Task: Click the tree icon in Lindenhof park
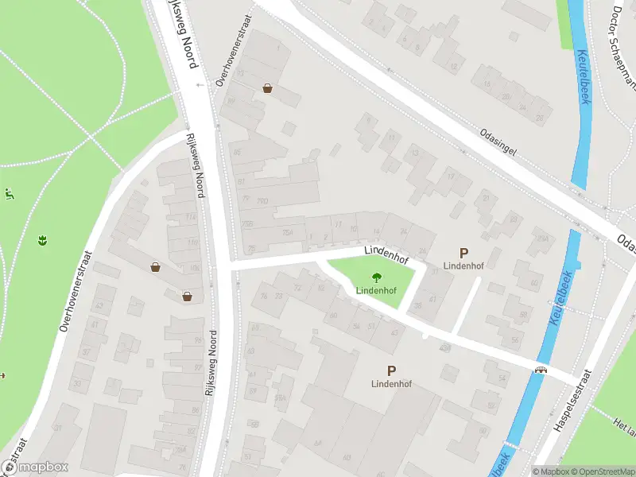click(376, 277)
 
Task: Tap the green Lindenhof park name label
click(376, 290)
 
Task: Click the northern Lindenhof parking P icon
click(463, 252)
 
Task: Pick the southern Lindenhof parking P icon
click(391, 370)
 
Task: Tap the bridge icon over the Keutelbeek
click(542, 370)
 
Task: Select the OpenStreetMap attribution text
click(600, 471)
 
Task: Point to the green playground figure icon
click(9, 193)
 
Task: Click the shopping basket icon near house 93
click(268, 89)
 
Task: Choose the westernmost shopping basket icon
click(155, 268)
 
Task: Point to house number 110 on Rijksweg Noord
click(192, 242)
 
